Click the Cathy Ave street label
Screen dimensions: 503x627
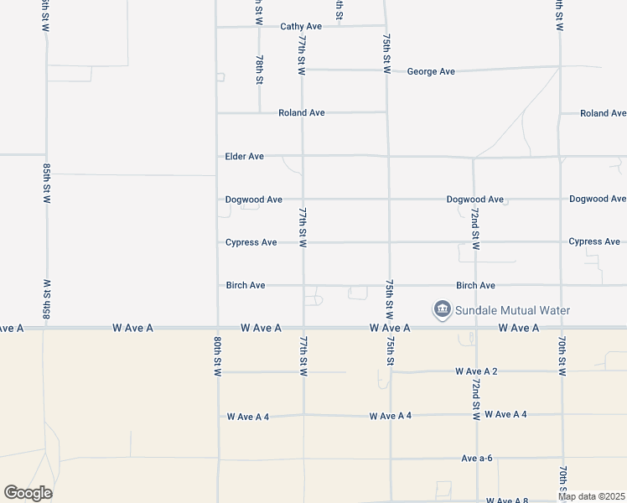pyautogui.click(x=301, y=27)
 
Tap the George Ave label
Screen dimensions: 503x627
pyautogui.click(x=431, y=72)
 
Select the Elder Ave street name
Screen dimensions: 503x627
pyautogui.click(x=245, y=157)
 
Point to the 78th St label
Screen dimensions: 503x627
pyautogui.click(x=260, y=69)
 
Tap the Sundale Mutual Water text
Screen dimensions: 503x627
pyautogui.click(x=512, y=311)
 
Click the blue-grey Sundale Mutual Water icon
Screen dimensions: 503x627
pyautogui.click(x=442, y=310)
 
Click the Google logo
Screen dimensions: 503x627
pyautogui.click(x=28, y=493)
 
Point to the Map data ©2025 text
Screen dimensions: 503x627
pyautogui.click(x=592, y=496)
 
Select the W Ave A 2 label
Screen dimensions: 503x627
pyautogui.click(x=477, y=371)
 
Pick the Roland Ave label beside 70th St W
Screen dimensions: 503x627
pyautogui.click(x=604, y=113)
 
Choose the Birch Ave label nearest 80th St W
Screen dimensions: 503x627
pyautogui.click(x=246, y=286)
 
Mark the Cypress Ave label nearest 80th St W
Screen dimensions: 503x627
pyautogui.click(x=251, y=243)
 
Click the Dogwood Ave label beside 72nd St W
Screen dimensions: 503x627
pyautogui.click(x=475, y=200)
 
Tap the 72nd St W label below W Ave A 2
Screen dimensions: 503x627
pyautogui.click(x=475, y=398)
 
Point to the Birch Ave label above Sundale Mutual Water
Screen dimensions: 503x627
pyautogui.click(x=475, y=286)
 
